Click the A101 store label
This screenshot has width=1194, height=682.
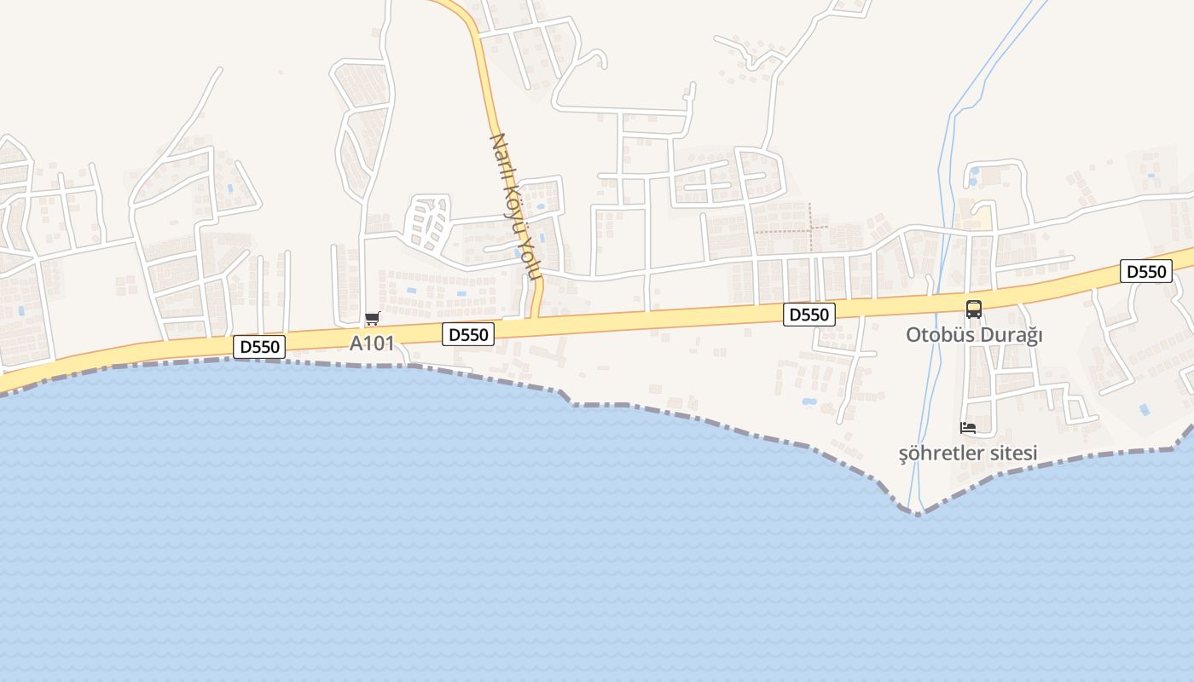tap(372, 344)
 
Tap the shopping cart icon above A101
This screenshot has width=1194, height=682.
tap(372, 319)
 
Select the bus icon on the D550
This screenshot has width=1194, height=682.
tap(974, 309)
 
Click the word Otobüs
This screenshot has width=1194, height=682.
tap(938, 335)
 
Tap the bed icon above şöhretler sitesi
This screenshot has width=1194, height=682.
tap(968, 428)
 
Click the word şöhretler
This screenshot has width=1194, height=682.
tap(939, 453)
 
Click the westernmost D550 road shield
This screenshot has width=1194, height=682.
tap(259, 347)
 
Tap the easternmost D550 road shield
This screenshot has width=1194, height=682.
tap(1146, 272)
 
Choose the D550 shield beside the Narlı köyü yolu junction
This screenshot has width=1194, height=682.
tap(468, 334)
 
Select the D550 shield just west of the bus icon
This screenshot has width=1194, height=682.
tap(809, 315)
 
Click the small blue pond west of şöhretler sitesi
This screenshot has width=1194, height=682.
tap(809, 402)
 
